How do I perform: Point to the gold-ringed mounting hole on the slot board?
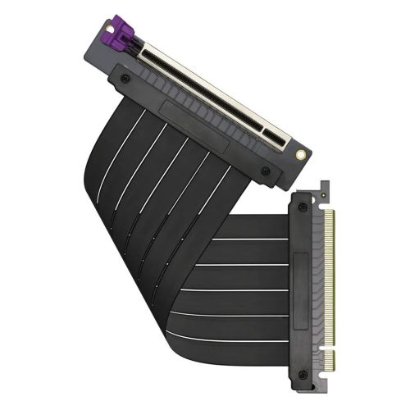306,153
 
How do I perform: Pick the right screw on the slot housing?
265,170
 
